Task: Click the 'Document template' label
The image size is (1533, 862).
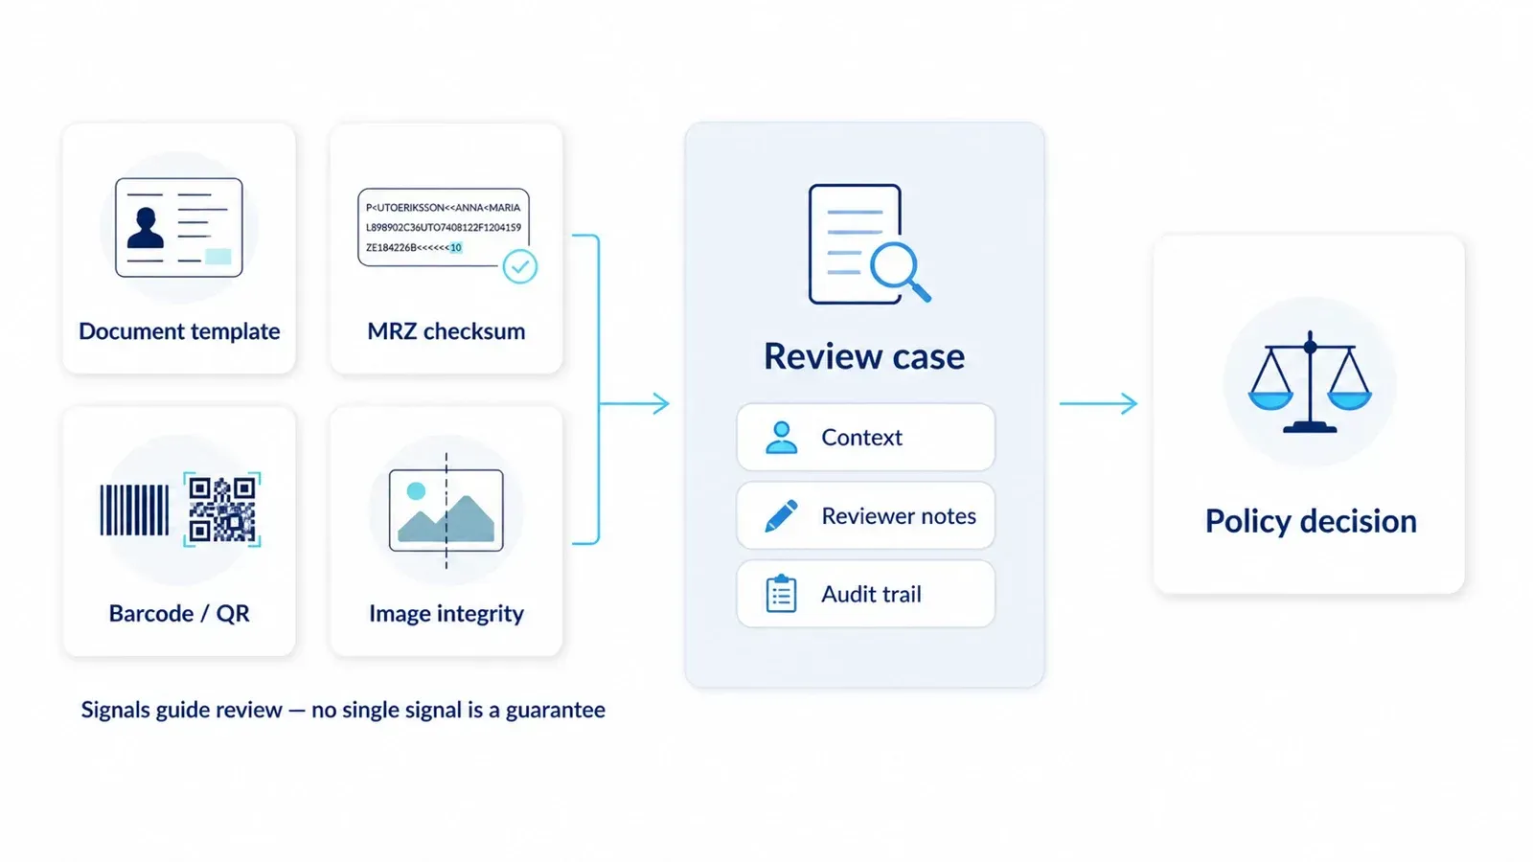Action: click(179, 331)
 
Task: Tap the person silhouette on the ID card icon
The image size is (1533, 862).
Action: click(146, 228)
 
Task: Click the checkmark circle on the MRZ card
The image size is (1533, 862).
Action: click(520, 266)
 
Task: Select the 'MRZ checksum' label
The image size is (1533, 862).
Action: click(446, 331)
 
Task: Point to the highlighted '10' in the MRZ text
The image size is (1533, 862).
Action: click(456, 248)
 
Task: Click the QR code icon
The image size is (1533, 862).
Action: click(222, 510)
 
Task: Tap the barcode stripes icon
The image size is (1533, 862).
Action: click(134, 510)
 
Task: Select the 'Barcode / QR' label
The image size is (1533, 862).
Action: click(179, 613)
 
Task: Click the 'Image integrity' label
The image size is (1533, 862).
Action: click(446, 613)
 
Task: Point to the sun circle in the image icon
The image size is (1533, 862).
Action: click(416, 490)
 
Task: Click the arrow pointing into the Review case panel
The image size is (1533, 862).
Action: click(634, 403)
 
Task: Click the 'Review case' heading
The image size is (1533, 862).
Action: click(864, 356)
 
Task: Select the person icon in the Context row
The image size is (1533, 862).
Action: click(782, 437)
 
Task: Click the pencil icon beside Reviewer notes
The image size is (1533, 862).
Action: click(781, 516)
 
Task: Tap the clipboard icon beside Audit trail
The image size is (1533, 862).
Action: click(782, 594)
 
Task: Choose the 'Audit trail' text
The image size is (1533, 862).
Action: click(871, 594)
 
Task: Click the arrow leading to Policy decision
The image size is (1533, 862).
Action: click(1098, 403)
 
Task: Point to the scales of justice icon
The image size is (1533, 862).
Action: click(1310, 382)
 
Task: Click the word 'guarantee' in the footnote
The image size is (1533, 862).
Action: click(555, 710)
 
